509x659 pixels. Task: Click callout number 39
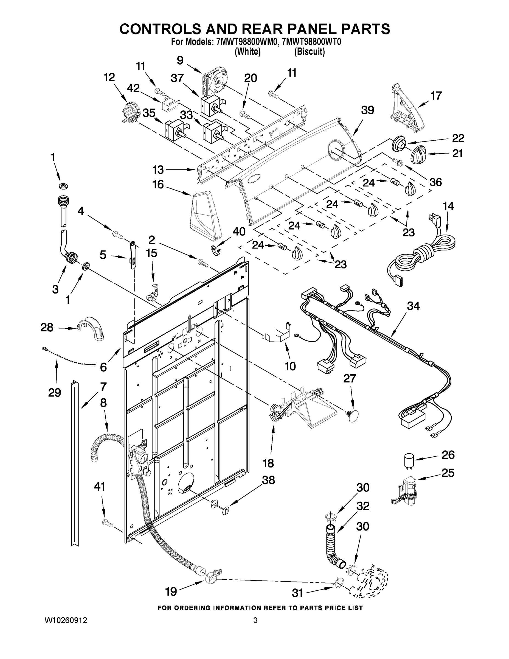pos(367,110)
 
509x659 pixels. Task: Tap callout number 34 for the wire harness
pos(413,306)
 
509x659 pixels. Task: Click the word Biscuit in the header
pos(310,52)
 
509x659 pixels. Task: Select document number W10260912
pos(66,620)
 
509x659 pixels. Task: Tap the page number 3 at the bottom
pos(255,620)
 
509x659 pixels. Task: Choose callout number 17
pos(436,96)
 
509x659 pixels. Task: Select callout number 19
pos(171,592)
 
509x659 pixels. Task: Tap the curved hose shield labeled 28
pos(91,329)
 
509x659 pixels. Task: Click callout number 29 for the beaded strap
pos(55,393)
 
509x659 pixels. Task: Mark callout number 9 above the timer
pos(180,60)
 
